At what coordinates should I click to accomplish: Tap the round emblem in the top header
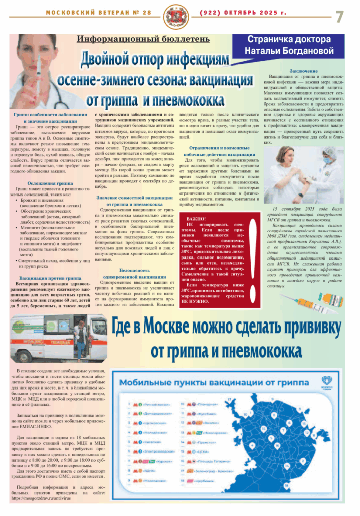click(180, 15)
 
